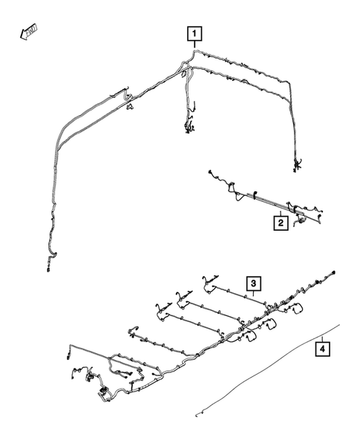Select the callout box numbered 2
[x=281, y=221]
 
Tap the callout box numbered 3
[x=253, y=283]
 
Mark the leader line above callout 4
[x=323, y=335]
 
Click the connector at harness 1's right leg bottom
[x=297, y=165]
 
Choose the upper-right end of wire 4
[x=340, y=324]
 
